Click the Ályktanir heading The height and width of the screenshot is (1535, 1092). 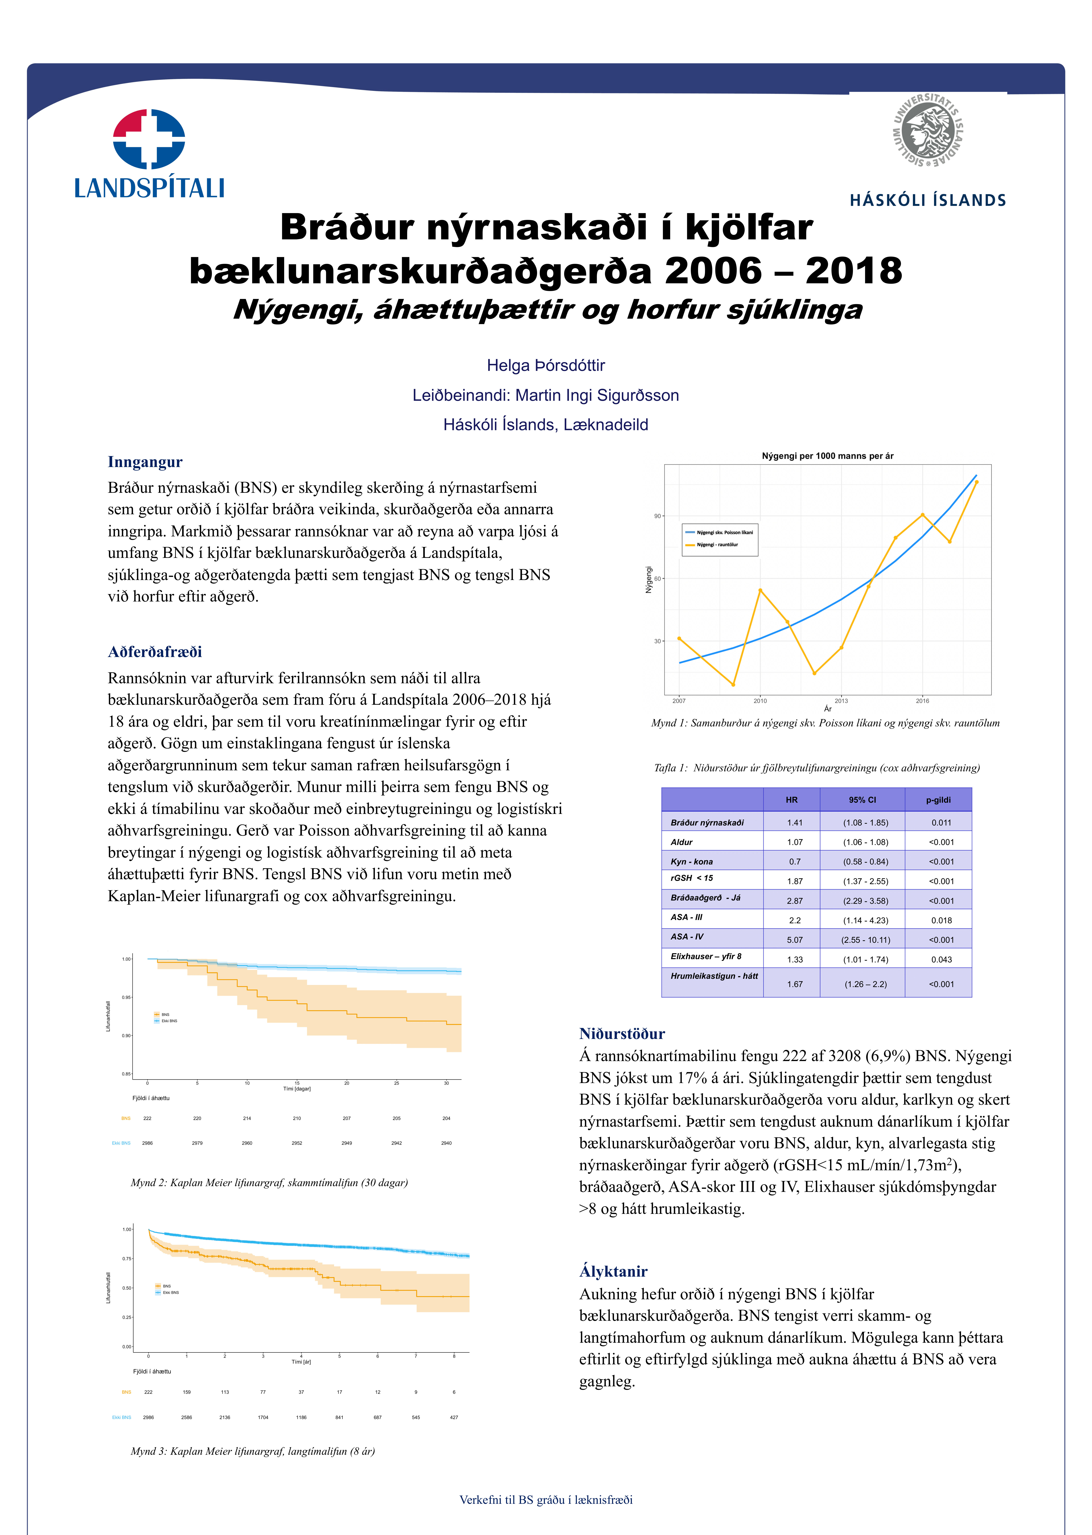pyautogui.click(x=613, y=1271)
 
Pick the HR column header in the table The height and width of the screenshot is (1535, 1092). pyautogui.click(x=792, y=800)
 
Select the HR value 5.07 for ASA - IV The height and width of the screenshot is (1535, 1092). pyautogui.click(x=795, y=940)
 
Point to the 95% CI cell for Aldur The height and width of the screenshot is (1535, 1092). pyautogui.click(x=865, y=842)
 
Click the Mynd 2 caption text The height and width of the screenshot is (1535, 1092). pyautogui.click(x=269, y=1182)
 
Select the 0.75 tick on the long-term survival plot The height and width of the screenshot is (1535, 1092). pyautogui.click(x=126, y=1258)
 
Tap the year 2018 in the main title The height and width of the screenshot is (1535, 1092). pyautogui.click(x=854, y=271)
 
